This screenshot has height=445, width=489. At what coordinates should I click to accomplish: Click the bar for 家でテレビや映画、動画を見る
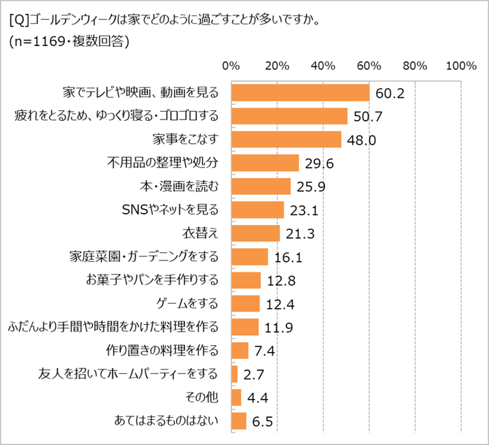coord(300,92)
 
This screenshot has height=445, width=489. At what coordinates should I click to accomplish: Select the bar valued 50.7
coord(289,116)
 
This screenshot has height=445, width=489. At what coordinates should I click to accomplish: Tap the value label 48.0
coord(363,140)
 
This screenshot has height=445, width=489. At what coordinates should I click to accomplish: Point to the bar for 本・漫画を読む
coord(261,187)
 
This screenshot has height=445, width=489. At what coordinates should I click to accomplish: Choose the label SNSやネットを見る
coord(170,210)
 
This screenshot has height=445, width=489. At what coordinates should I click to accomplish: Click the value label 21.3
coord(301,233)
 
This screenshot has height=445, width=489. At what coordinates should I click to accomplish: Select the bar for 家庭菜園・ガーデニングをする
coord(249,257)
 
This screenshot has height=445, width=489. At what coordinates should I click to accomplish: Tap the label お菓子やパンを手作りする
coord(162,280)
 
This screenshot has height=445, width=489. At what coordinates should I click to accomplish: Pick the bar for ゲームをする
coord(245,304)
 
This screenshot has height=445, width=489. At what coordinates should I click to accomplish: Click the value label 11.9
coord(279,328)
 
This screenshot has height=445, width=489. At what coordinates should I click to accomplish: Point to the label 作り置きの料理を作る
coord(171,351)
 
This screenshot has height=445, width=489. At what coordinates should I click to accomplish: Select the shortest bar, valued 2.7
coord(234,374)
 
